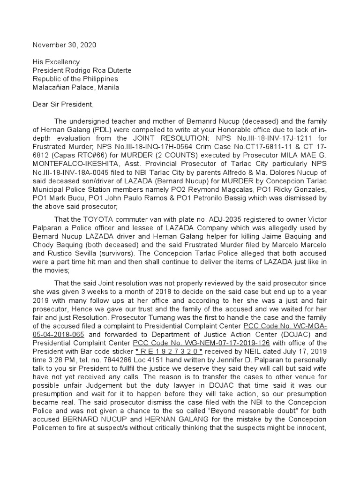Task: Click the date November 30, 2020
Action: [66, 45]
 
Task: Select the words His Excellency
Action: [56, 62]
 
